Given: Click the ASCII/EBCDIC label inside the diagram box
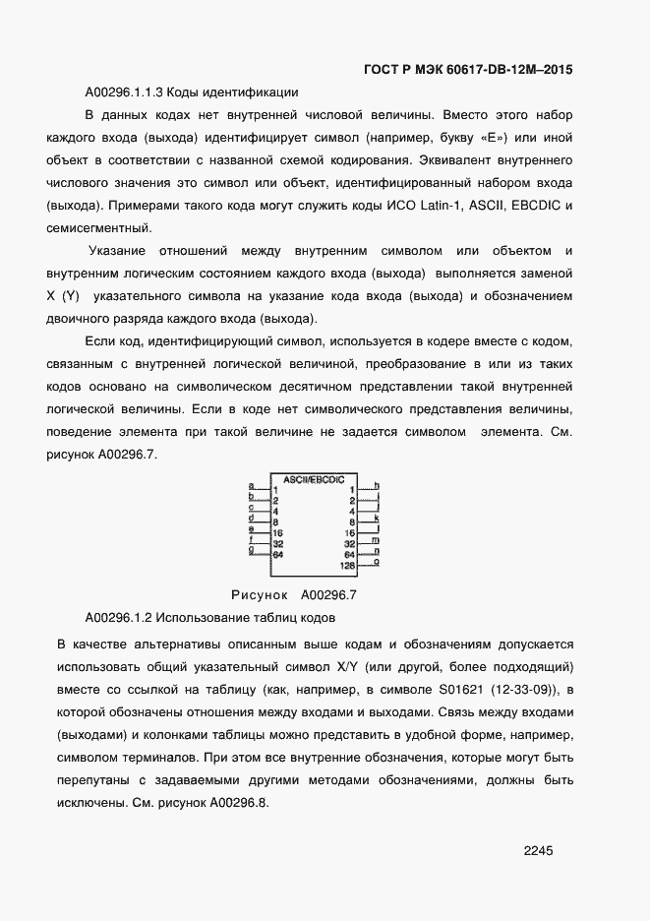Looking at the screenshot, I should tap(314, 479).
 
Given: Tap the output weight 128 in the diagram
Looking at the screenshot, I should tap(347, 566).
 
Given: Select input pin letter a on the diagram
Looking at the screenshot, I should tap(251, 486).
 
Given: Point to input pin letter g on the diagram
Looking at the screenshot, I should tap(251, 550).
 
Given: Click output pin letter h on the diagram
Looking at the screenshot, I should tap(377, 486).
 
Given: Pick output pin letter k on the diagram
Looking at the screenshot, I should tap(377, 518).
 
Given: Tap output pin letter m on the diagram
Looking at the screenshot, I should tap(377, 540).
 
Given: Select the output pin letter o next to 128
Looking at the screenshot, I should tap(377, 562).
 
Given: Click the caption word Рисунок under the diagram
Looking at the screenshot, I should tap(259, 594).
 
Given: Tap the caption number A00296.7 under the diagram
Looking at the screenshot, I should tap(328, 594).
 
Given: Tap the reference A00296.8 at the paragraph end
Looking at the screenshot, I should tap(237, 802).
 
